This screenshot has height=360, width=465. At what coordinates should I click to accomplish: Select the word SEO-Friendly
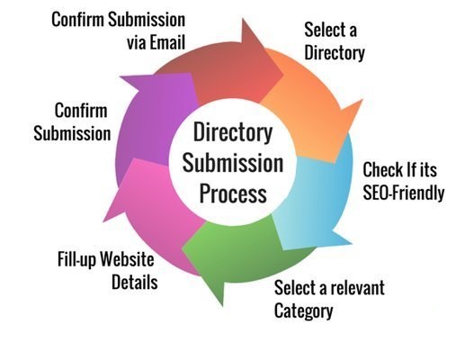pyautogui.click(x=403, y=190)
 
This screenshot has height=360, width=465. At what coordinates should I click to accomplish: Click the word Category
pyautogui.click(x=304, y=312)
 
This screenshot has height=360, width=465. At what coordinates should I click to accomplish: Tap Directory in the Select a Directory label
pyautogui.click(x=334, y=53)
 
